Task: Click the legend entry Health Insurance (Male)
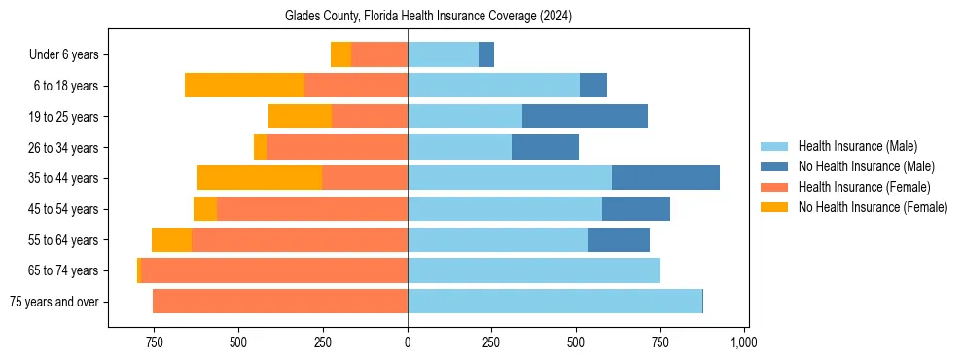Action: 857,146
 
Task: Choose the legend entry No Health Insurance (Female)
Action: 873,207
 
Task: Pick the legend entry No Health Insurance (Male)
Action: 866,166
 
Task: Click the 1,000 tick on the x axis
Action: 744,342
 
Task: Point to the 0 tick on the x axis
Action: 408,342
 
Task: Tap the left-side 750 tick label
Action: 154,342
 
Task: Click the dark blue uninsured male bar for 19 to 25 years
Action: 585,117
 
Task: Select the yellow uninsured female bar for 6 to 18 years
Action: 244,86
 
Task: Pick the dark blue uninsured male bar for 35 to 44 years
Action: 665,178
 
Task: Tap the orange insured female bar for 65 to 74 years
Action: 274,270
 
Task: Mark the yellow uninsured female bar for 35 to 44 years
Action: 260,178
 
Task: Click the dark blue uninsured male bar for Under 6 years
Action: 486,55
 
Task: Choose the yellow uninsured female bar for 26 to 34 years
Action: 260,147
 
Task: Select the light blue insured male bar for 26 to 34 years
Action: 459,147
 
